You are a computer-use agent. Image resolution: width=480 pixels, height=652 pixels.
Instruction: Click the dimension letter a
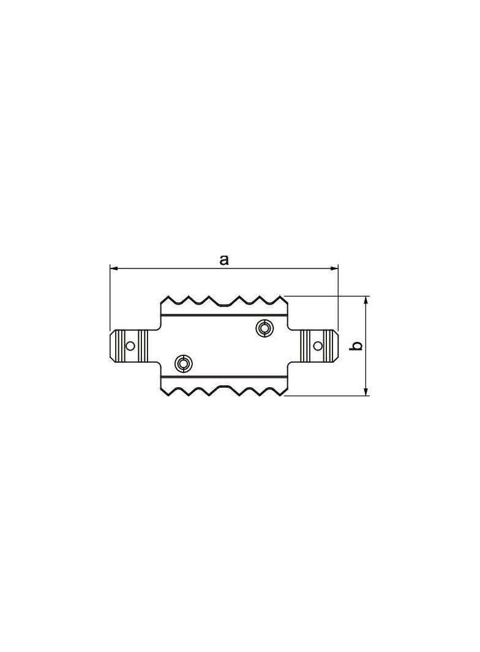click(x=224, y=260)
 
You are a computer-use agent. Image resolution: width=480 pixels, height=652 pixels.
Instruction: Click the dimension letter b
click(x=356, y=346)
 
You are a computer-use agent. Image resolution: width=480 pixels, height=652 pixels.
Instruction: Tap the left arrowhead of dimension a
click(x=114, y=269)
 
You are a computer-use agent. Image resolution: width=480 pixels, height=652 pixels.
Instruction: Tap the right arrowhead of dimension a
click(x=333, y=269)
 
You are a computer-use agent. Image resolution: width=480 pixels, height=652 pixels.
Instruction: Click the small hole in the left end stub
click(x=130, y=346)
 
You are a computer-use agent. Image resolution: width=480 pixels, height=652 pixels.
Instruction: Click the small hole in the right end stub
click(x=317, y=346)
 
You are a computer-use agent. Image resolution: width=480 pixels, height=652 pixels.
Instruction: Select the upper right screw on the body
click(x=264, y=328)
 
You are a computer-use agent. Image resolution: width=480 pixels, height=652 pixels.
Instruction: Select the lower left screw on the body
click(x=183, y=364)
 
